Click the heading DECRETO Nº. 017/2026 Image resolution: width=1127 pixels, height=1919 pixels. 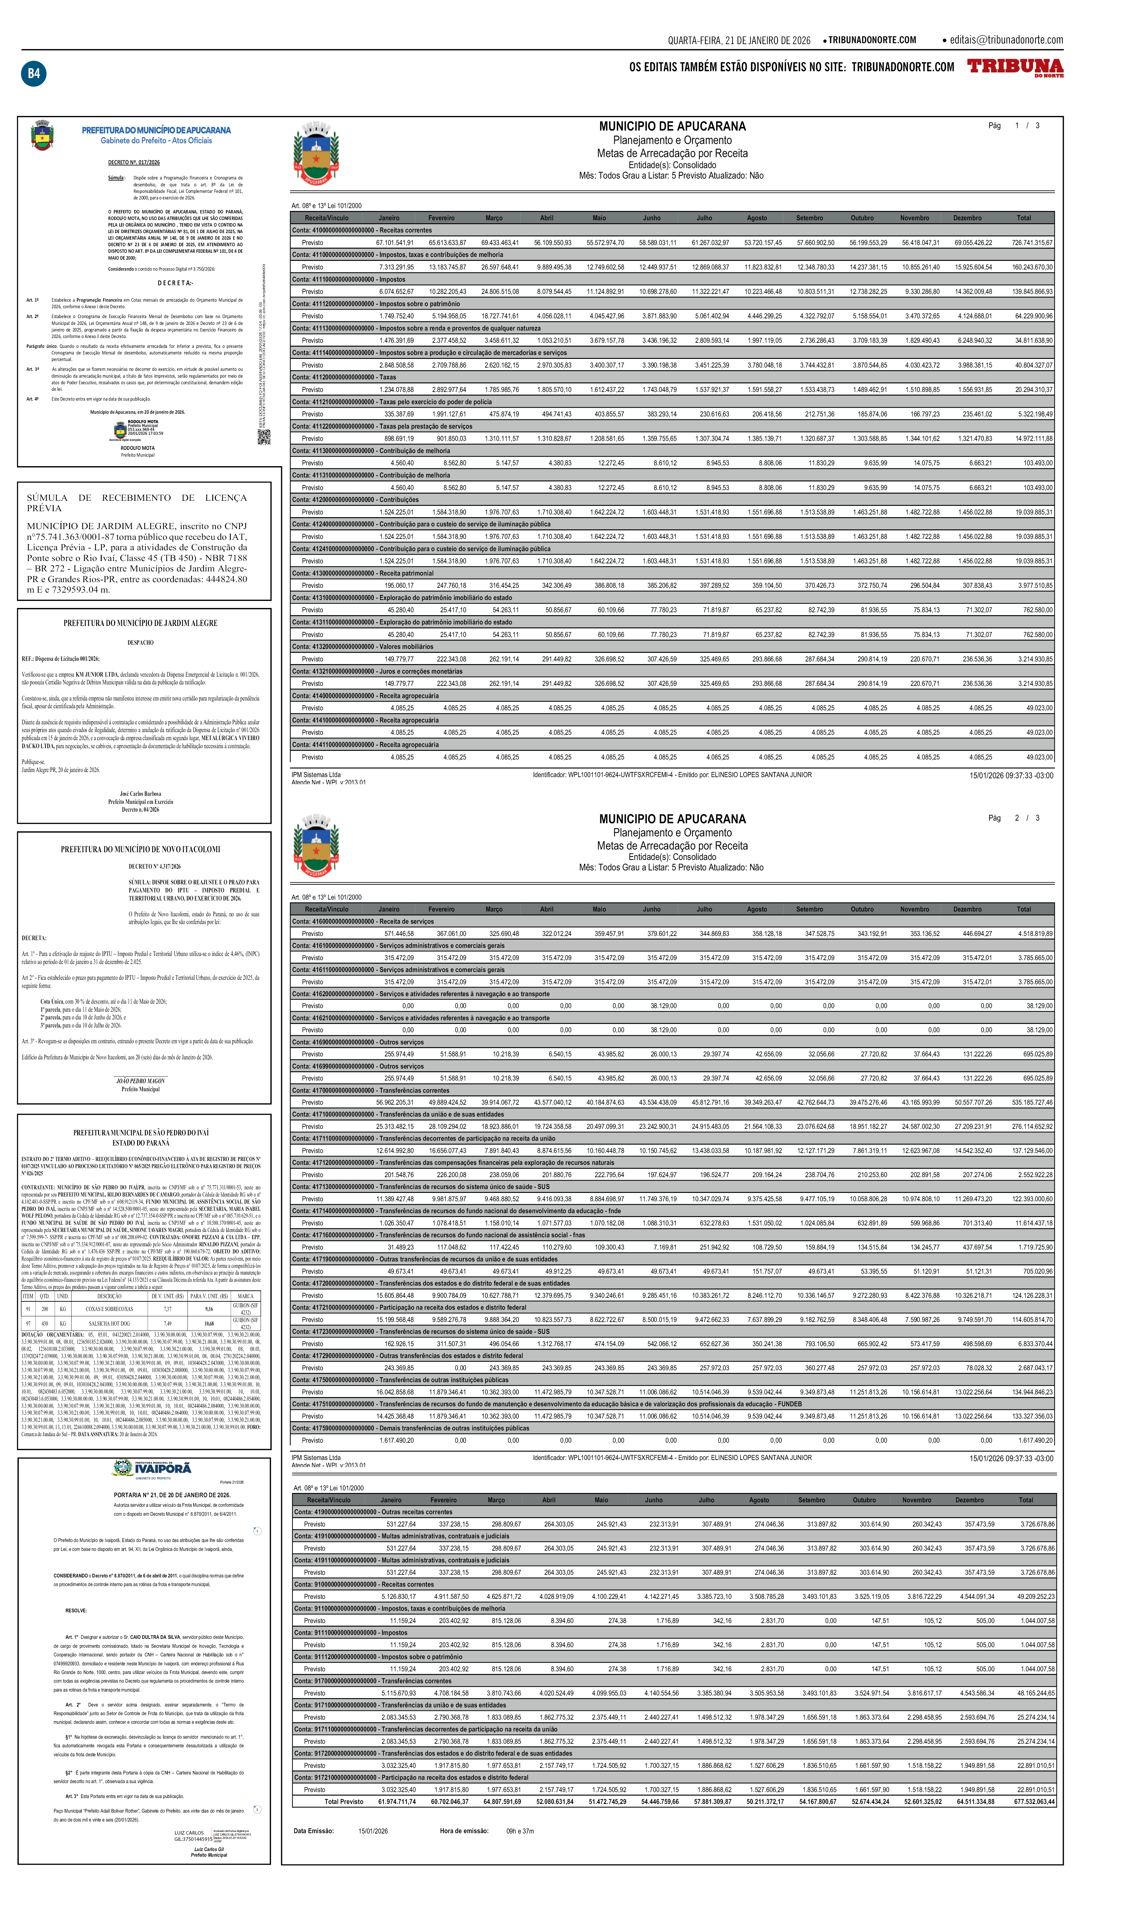click(134, 162)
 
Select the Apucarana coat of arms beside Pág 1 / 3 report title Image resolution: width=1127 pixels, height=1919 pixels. click(315, 152)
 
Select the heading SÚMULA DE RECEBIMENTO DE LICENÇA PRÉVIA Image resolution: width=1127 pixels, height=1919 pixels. click(137, 503)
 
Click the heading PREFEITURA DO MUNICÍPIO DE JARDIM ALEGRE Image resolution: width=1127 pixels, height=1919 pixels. click(140, 623)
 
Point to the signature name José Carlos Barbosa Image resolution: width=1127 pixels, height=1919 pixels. click(140, 793)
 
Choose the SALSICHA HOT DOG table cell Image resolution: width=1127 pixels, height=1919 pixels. click(109, 1323)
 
